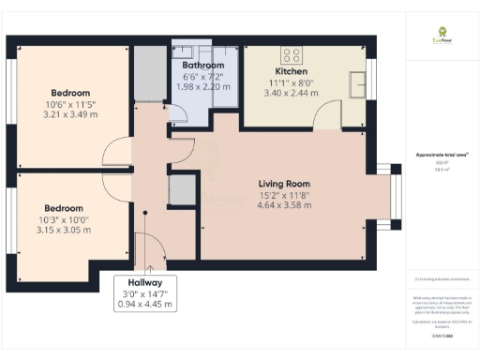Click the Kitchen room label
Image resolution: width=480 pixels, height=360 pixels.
[291, 71]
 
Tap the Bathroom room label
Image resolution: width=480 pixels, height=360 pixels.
[196, 66]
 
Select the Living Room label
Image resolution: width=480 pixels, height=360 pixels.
[284, 184]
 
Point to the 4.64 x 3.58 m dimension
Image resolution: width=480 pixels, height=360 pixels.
[284, 205]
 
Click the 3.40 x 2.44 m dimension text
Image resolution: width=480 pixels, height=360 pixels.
[291, 93]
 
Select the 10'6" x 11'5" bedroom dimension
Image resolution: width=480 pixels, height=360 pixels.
[70, 104]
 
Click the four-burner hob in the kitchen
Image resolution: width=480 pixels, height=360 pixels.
[292, 53]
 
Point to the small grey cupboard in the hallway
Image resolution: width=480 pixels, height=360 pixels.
[179, 190]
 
